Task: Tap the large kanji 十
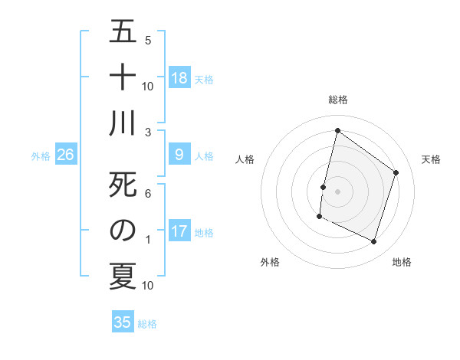123,77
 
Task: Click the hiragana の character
123,231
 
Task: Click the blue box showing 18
179,77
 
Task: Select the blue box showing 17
179,231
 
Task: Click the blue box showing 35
123,322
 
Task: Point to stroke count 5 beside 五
147,40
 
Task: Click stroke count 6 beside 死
147,194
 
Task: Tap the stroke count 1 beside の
147,240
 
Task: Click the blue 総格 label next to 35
147,324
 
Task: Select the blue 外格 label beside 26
41,156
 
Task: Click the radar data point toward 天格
396,172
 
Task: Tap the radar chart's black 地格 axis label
402,262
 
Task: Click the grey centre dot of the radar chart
337,191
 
